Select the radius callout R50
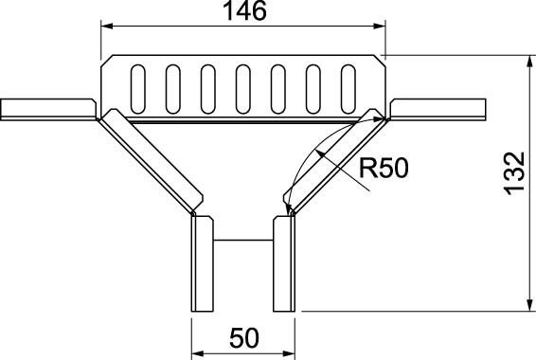383,170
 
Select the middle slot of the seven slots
242,87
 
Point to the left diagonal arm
152,161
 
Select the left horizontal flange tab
47,109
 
